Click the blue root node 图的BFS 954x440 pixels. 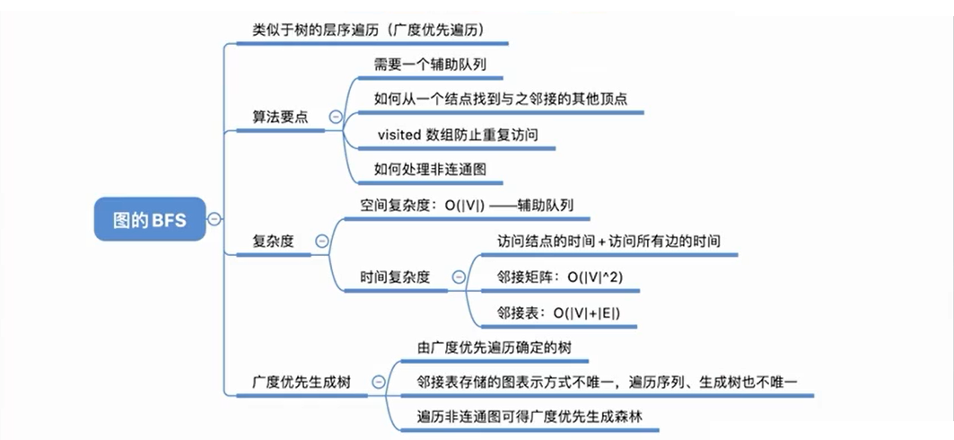(x=150, y=219)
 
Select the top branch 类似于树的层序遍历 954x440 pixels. (x=369, y=30)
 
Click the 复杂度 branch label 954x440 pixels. (x=274, y=241)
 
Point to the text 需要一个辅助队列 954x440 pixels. (x=430, y=65)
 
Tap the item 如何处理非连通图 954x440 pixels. (x=430, y=169)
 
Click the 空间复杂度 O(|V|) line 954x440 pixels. (x=466, y=204)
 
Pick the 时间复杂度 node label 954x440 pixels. (x=395, y=277)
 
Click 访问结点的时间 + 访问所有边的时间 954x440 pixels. (x=608, y=242)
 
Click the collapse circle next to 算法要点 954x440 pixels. (x=336, y=117)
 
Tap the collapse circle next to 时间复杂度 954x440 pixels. (x=459, y=277)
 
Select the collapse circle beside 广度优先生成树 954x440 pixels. (x=378, y=382)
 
